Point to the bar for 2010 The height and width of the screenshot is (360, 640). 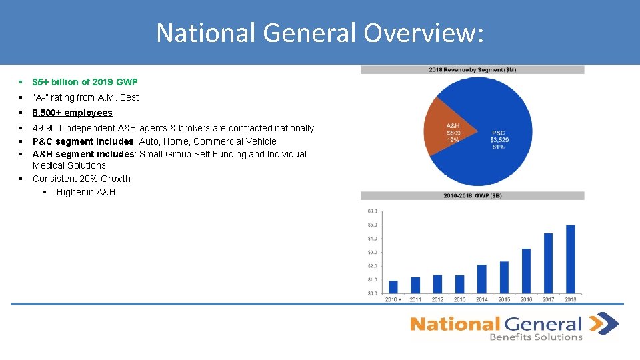pos(393,287)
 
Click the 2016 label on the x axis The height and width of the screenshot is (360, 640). pos(526,299)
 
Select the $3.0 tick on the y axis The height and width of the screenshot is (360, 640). pos(372,252)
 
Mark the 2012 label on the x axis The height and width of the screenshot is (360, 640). pos(437,299)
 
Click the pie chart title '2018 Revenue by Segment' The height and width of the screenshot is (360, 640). pos(472,69)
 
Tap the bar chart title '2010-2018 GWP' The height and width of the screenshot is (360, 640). pos(472,195)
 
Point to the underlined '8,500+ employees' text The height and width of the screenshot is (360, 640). pos(72,113)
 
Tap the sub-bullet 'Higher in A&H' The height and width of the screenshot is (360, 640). pos(86,192)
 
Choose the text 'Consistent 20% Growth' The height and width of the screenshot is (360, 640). pos(81,179)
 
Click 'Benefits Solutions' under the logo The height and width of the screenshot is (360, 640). pos(536,337)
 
